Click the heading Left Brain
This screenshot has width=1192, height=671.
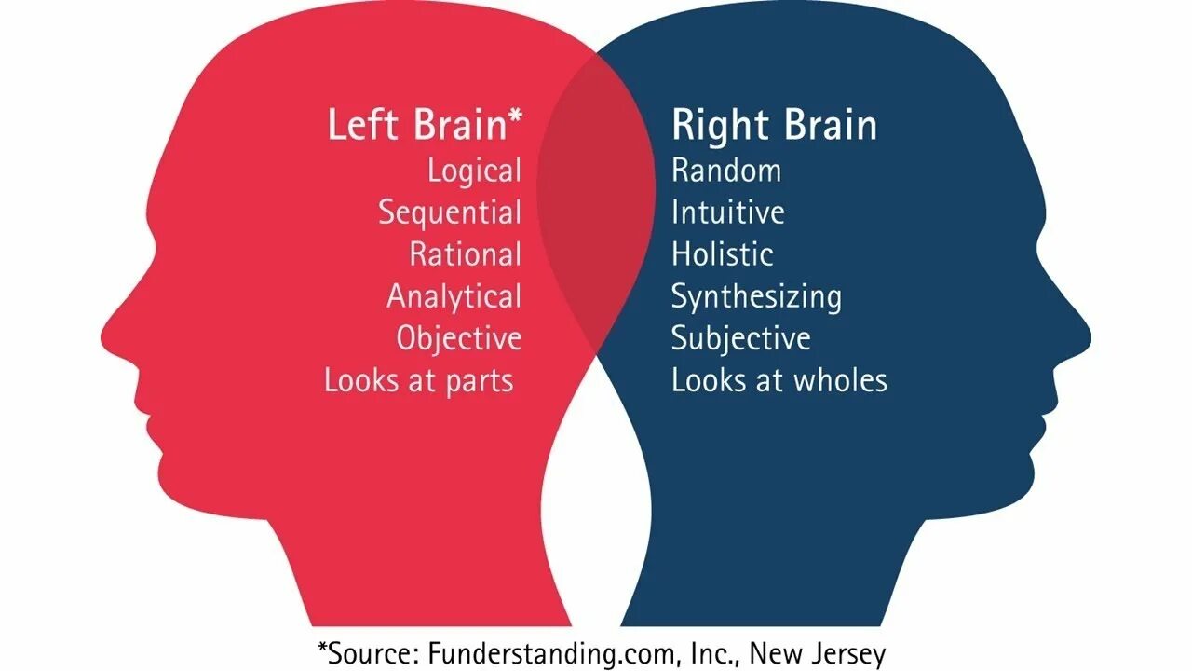[415, 126]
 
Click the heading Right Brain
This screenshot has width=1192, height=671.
[774, 126]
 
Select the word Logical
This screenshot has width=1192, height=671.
[474, 171]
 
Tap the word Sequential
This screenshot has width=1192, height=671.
[450, 212]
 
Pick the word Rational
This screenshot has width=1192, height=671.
[466, 254]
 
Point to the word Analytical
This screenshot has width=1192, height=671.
[454, 296]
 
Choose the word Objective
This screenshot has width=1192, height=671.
[459, 337]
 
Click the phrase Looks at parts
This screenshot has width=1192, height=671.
[419, 380]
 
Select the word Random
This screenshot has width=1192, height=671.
[726, 171]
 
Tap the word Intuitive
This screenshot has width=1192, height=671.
[728, 212]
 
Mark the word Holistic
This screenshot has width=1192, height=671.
[723, 254]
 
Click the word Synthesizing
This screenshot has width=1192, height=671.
[756, 296]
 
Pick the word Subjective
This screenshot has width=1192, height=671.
[741, 337]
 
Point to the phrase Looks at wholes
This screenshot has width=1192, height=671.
[779, 380]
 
